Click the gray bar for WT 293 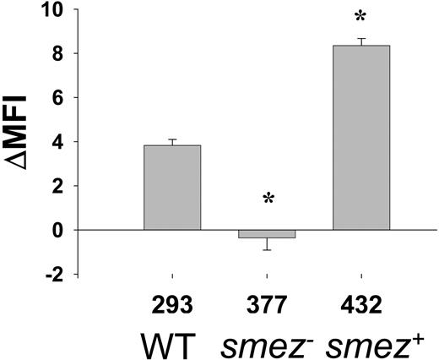tap(172, 188)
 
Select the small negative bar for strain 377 tap(267, 234)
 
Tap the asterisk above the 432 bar tap(361, 18)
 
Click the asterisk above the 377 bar tap(267, 200)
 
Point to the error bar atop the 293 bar tap(172, 142)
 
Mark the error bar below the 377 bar tap(267, 244)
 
